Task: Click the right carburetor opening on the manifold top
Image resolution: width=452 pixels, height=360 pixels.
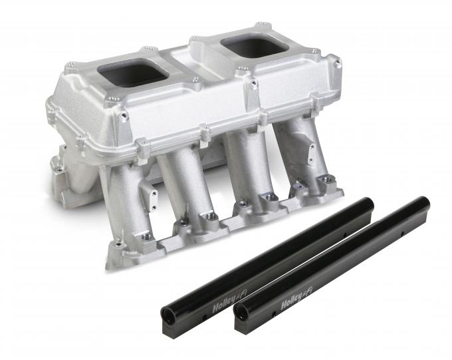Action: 248,46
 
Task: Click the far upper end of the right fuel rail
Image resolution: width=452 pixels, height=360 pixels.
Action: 423,201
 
